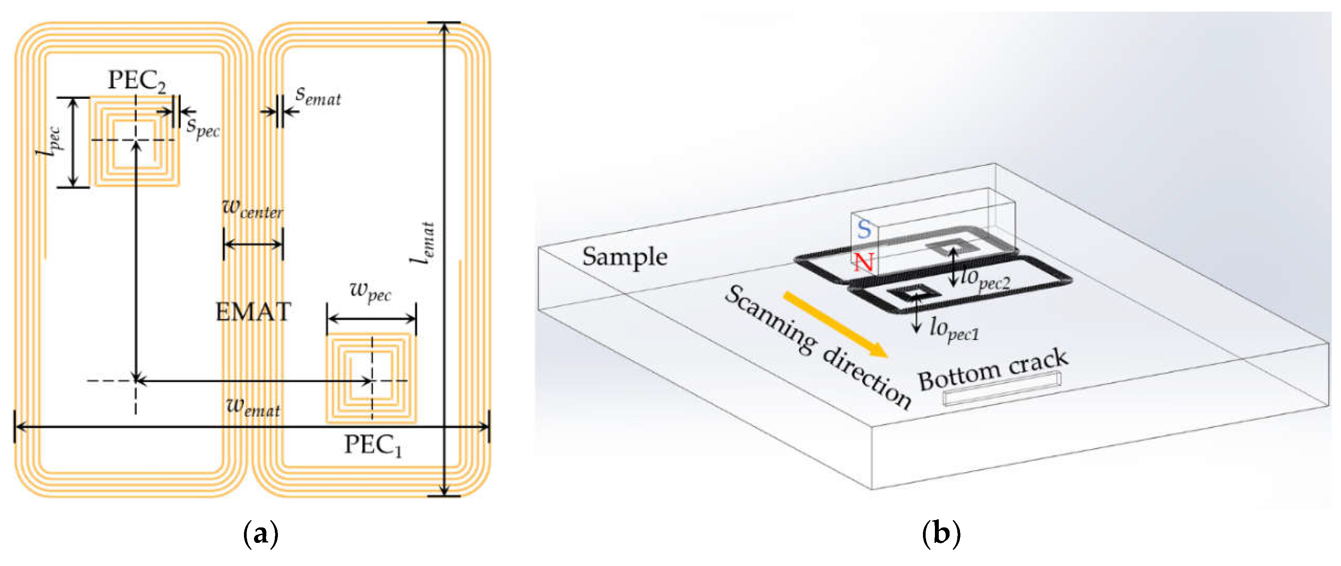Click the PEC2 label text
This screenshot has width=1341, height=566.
[x=136, y=81]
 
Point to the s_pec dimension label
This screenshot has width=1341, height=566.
[x=203, y=127]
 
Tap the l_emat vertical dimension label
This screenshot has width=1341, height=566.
[x=423, y=242]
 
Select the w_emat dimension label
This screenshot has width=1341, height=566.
[x=254, y=406]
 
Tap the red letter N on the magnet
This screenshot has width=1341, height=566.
[x=863, y=262]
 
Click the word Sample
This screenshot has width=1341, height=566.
[x=624, y=257]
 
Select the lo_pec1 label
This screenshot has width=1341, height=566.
[x=954, y=329]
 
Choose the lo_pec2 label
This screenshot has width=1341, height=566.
[x=985, y=279]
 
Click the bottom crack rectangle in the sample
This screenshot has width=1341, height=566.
[x=1002, y=389]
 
